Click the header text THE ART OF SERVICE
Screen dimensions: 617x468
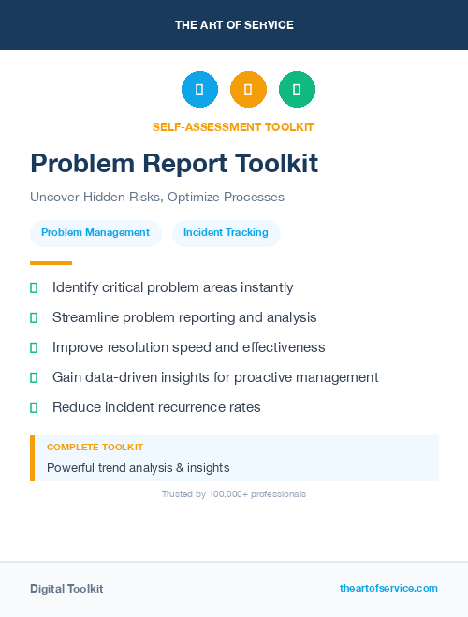tap(234, 25)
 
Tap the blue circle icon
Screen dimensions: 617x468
tap(199, 90)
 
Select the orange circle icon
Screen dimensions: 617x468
tap(248, 90)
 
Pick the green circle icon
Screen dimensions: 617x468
tap(297, 90)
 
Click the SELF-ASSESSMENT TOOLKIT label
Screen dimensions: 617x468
tap(233, 126)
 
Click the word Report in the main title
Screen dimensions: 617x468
tap(192, 164)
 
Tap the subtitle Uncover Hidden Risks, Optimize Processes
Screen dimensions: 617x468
tap(156, 198)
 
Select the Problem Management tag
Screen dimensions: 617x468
tap(95, 232)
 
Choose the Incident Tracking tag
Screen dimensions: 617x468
tap(226, 232)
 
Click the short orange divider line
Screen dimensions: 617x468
tap(51, 263)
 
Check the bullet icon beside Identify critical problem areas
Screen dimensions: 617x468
tap(34, 287)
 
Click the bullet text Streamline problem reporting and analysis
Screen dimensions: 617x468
tap(184, 317)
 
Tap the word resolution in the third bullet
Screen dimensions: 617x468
tap(140, 347)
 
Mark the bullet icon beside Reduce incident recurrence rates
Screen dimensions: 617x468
tap(34, 407)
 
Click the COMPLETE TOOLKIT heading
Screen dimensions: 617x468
tap(95, 448)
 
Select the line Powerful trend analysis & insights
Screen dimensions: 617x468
tap(138, 467)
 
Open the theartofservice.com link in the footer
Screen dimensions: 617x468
tap(388, 588)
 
